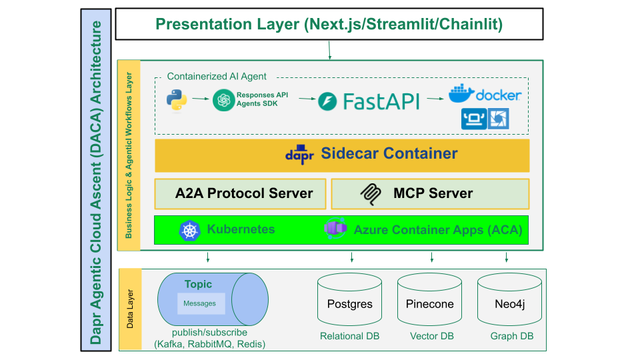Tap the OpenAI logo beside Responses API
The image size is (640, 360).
pyautogui.click(x=223, y=101)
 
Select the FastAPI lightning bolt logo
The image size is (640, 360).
pyautogui.click(x=328, y=101)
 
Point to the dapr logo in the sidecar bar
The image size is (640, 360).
pyautogui.click(x=299, y=154)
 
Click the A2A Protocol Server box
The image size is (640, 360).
pyautogui.click(x=241, y=194)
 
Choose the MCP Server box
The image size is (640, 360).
pyautogui.click(x=430, y=194)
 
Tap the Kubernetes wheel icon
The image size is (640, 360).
pyautogui.click(x=190, y=231)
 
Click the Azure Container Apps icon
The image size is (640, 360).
pyautogui.click(x=335, y=230)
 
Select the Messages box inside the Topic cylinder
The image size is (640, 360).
pyautogui.click(x=201, y=303)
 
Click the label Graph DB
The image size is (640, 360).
pyautogui.click(x=512, y=336)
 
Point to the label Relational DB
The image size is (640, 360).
pyautogui.click(x=349, y=336)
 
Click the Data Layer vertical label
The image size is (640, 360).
pyautogui.click(x=130, y=309)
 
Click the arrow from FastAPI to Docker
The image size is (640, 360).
pyautogui.click(x=435, y=99)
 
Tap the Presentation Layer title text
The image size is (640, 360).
pyautogui.click(x=329, y=25)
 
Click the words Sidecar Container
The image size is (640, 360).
pyautogui.click(x=389, y=154)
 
